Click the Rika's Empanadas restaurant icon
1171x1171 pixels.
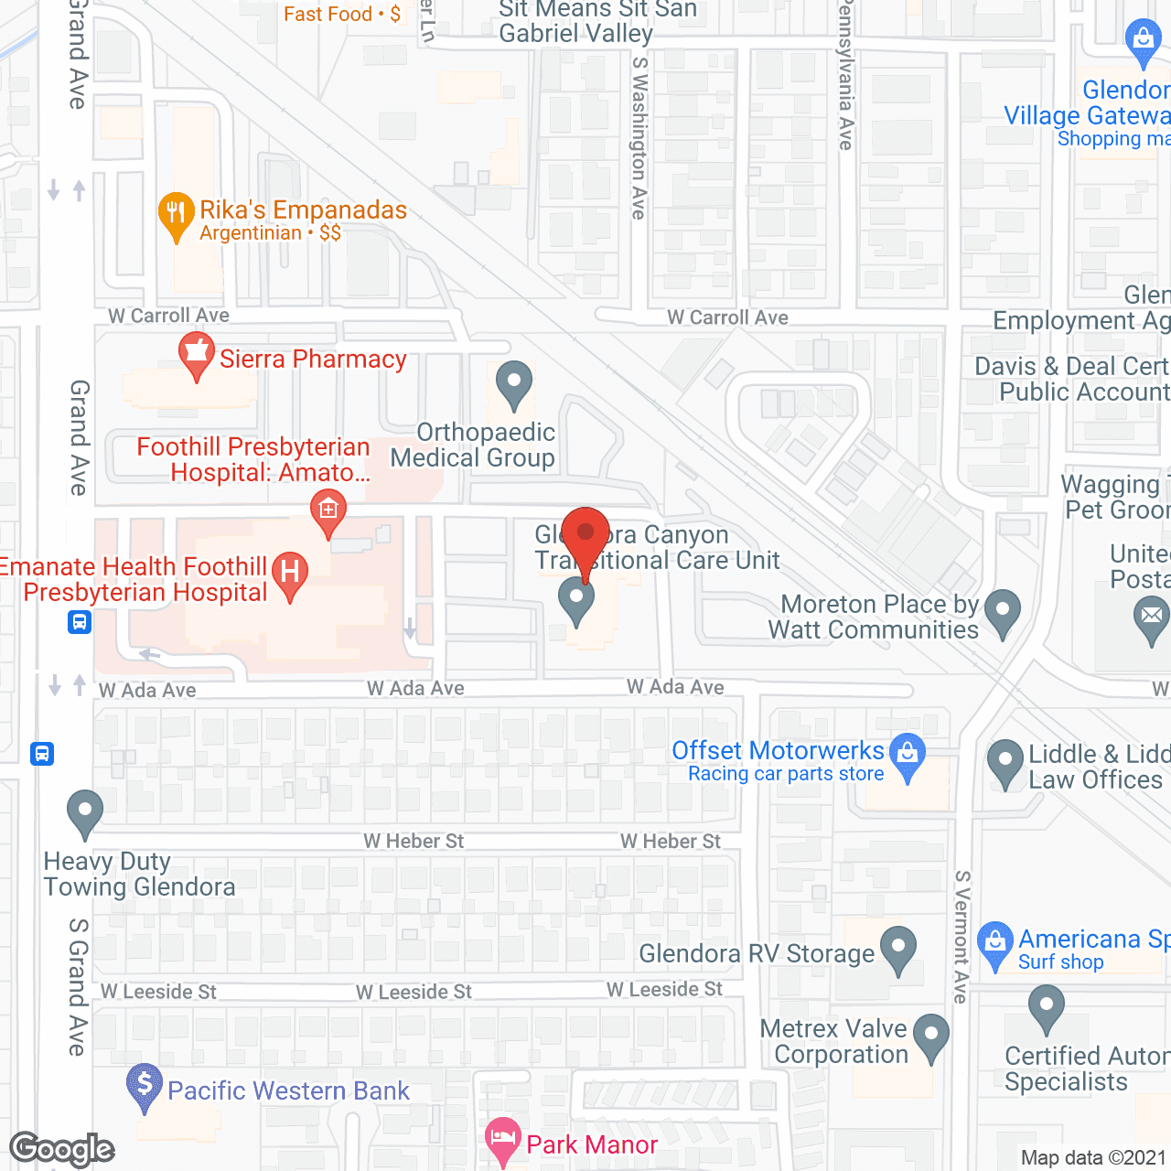175,215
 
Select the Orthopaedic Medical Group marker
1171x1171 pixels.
513,384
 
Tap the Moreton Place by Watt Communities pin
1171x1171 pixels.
1004,611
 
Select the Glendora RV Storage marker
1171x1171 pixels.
898,949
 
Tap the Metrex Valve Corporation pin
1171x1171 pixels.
931,1037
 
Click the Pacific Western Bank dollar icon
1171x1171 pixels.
145,1086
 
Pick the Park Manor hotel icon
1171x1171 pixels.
503,1140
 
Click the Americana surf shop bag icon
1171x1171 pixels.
994,944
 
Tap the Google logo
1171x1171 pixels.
62,1149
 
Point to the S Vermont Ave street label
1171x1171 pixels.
962,937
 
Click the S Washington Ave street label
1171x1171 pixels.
639,138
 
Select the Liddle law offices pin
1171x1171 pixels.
1005,762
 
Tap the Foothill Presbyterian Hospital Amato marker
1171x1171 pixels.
328,512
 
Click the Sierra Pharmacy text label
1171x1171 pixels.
313,360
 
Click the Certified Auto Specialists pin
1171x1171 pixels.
1046,1008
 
